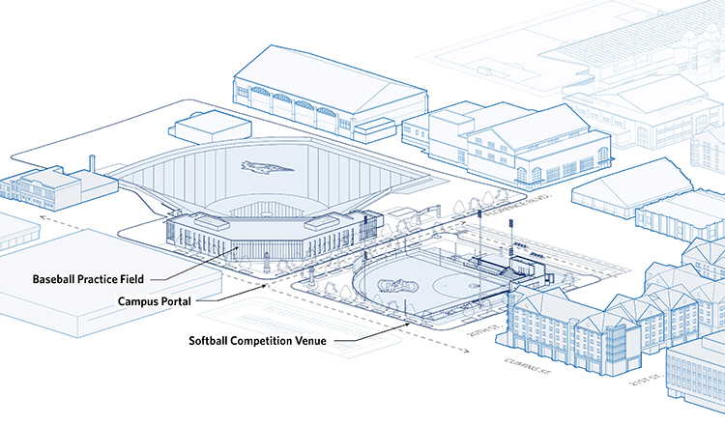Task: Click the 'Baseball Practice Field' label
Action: coord(88,279)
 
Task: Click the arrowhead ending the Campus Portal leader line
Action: coord(268,286)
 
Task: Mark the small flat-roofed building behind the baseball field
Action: coord(199,126)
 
